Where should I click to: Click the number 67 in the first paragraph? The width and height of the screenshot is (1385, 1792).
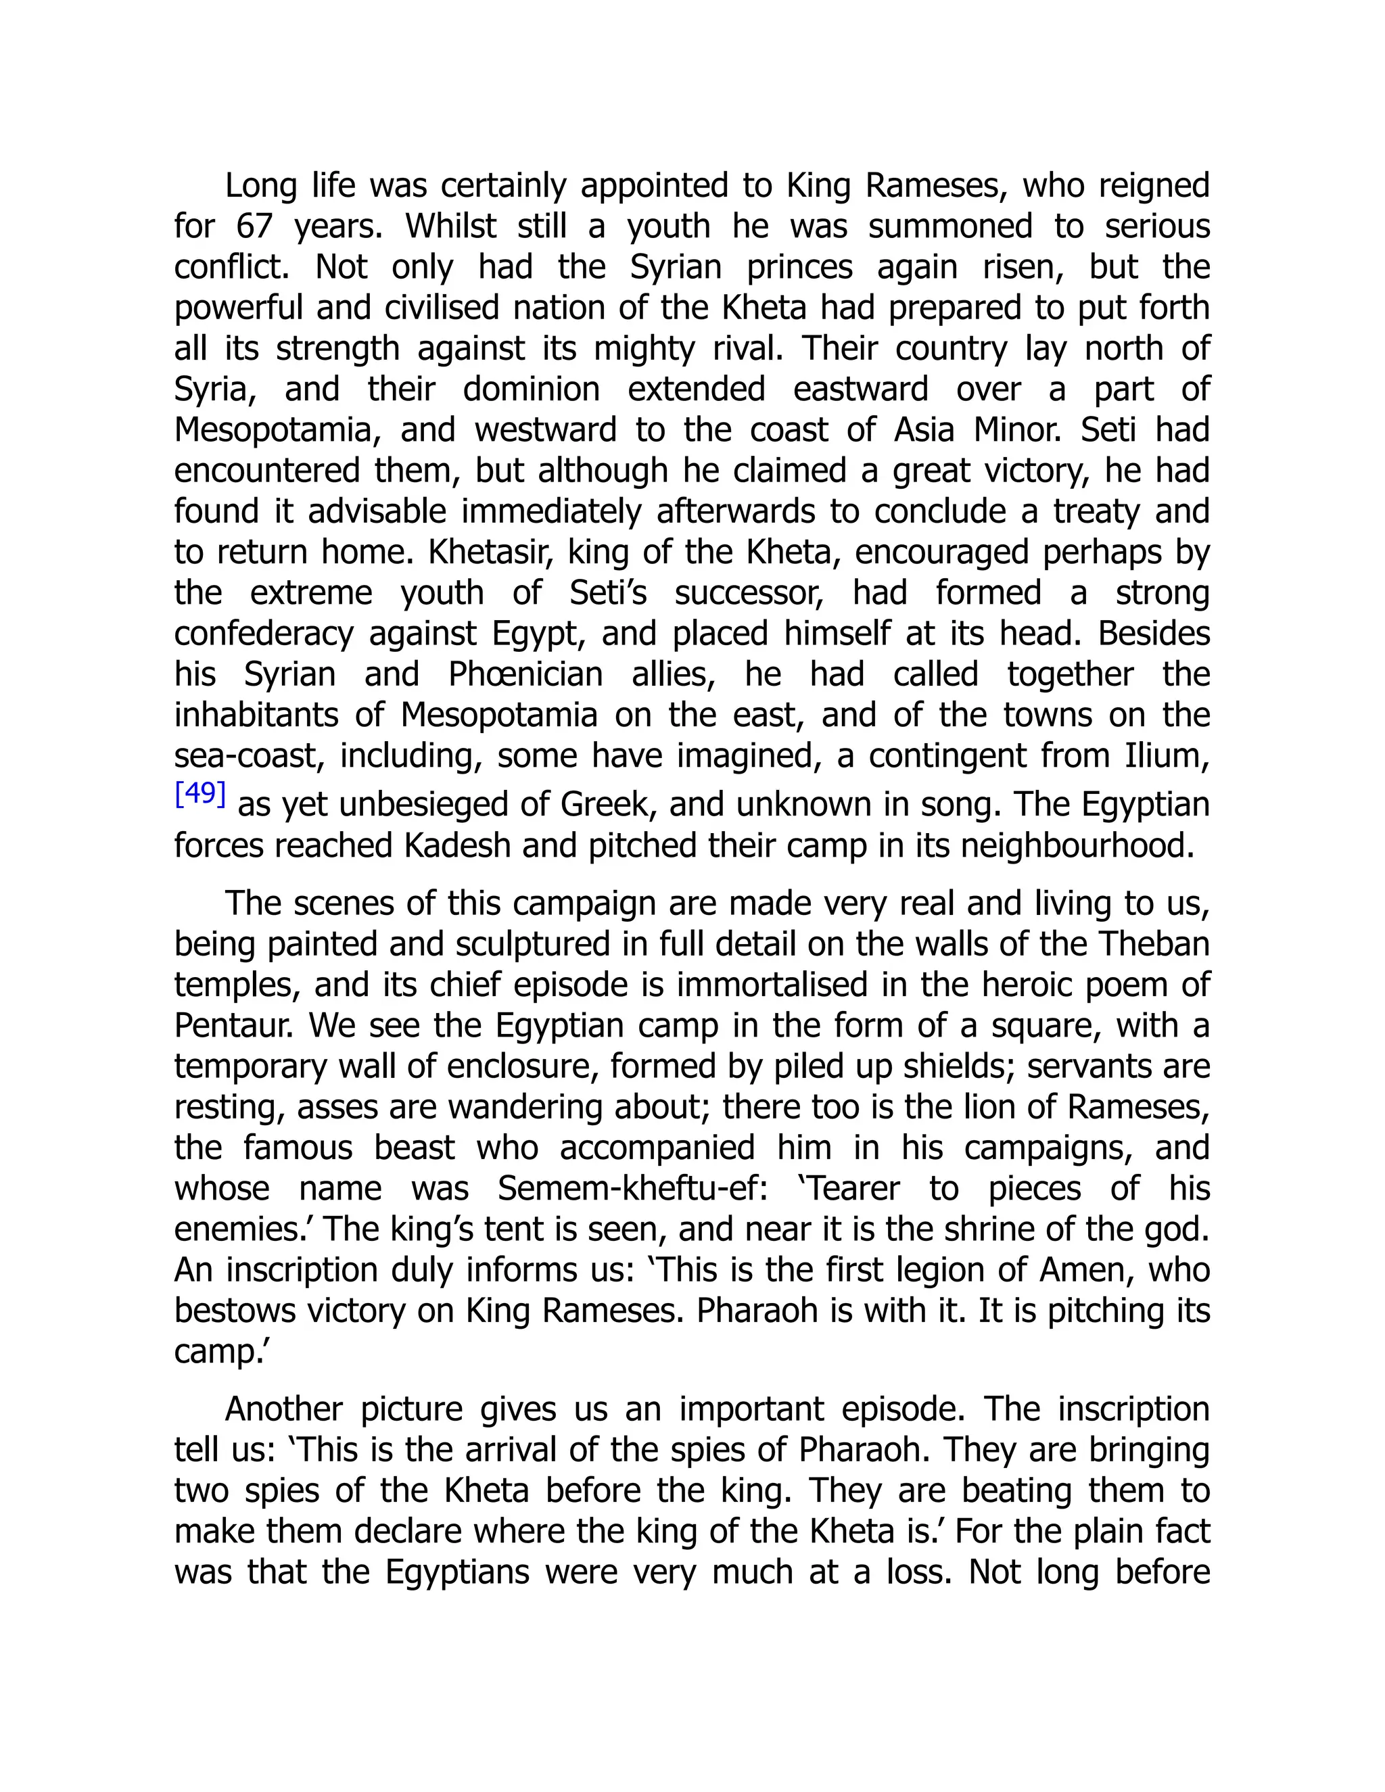tap(254, 227)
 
